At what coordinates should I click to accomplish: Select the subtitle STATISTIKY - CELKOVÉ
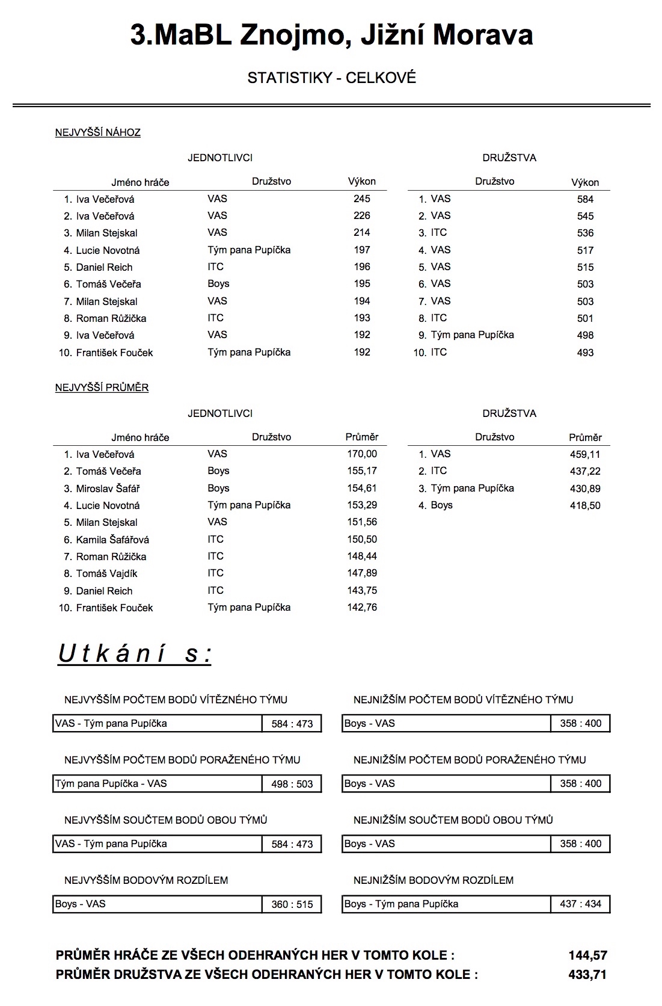click(331, 78)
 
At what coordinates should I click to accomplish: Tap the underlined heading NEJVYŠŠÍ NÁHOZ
click(98, 132)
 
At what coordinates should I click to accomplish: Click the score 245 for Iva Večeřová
click(362, 199)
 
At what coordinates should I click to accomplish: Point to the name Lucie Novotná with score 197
click(108, 250)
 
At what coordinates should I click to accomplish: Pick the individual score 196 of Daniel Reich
click(362, 267)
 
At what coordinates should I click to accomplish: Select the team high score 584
click(585, 199)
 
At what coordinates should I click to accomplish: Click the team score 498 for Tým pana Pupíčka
click(585, 336)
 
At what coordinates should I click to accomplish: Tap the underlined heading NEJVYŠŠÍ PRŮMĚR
click(102, 387)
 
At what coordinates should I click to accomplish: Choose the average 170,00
click(362, 454)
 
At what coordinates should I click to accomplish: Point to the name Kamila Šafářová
click(112, 540)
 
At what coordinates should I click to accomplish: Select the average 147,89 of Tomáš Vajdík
click(362, 573)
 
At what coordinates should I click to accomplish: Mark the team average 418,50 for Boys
click(585, 505)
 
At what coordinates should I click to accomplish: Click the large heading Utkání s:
click(135, 653)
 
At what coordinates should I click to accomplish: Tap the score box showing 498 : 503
click(292, 784)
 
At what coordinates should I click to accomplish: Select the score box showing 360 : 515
click(292, 904)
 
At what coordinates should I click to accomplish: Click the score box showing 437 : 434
click(581, 904)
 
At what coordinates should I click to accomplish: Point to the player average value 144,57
click(588, 955)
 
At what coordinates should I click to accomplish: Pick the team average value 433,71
click(588, 975)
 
